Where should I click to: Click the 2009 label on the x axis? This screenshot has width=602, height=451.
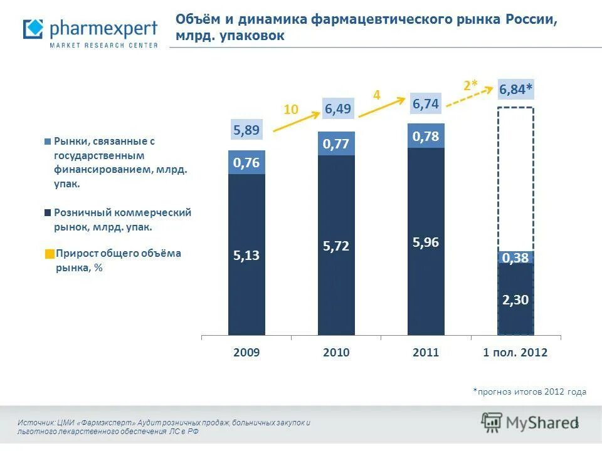point(246,353)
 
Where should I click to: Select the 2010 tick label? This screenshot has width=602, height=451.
point(336,353)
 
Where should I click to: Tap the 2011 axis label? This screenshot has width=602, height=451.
point(426,353)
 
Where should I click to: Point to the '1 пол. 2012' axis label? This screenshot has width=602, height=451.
point(515,353)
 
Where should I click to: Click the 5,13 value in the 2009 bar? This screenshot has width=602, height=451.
point(246,255)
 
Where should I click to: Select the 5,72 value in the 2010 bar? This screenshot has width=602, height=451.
point(336,247)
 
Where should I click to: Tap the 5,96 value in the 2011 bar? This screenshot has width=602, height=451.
point(426,242)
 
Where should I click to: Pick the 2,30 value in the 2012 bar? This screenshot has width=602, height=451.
point(515,300)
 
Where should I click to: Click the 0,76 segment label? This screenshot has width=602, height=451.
point(246,163)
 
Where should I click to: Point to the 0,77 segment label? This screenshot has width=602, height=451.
point(336,144)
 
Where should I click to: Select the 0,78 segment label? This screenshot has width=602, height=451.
point(426,136)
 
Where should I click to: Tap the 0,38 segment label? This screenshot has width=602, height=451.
point(515,257)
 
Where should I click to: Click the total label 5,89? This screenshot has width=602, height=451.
point(246,130)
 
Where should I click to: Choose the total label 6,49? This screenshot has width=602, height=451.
point(338,109)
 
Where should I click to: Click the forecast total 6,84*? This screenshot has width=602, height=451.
point(515,90)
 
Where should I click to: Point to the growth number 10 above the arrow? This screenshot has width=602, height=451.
point(290,110)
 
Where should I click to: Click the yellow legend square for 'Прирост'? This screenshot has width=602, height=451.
point(50,254)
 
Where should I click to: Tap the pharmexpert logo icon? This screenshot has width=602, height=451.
point(33,29)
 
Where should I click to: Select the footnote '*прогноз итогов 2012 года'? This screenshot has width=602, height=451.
point(529,391)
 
